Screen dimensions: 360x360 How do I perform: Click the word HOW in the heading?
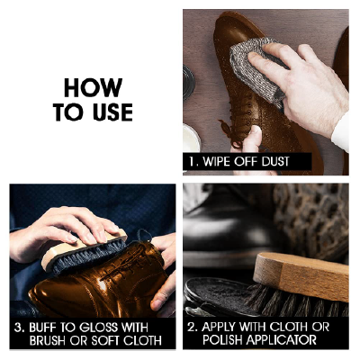93,87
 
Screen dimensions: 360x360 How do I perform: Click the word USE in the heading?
112,112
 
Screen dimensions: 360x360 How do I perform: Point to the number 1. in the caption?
193,162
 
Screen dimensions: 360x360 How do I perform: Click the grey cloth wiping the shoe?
257,69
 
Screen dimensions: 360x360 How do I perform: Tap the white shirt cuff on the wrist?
341,132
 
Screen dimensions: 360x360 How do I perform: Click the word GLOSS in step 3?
98,328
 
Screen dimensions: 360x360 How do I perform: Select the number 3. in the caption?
19,328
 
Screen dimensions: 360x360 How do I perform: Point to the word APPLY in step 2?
218,327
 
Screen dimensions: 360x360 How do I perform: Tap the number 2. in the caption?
193,327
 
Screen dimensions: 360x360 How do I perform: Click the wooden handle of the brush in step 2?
301,276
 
